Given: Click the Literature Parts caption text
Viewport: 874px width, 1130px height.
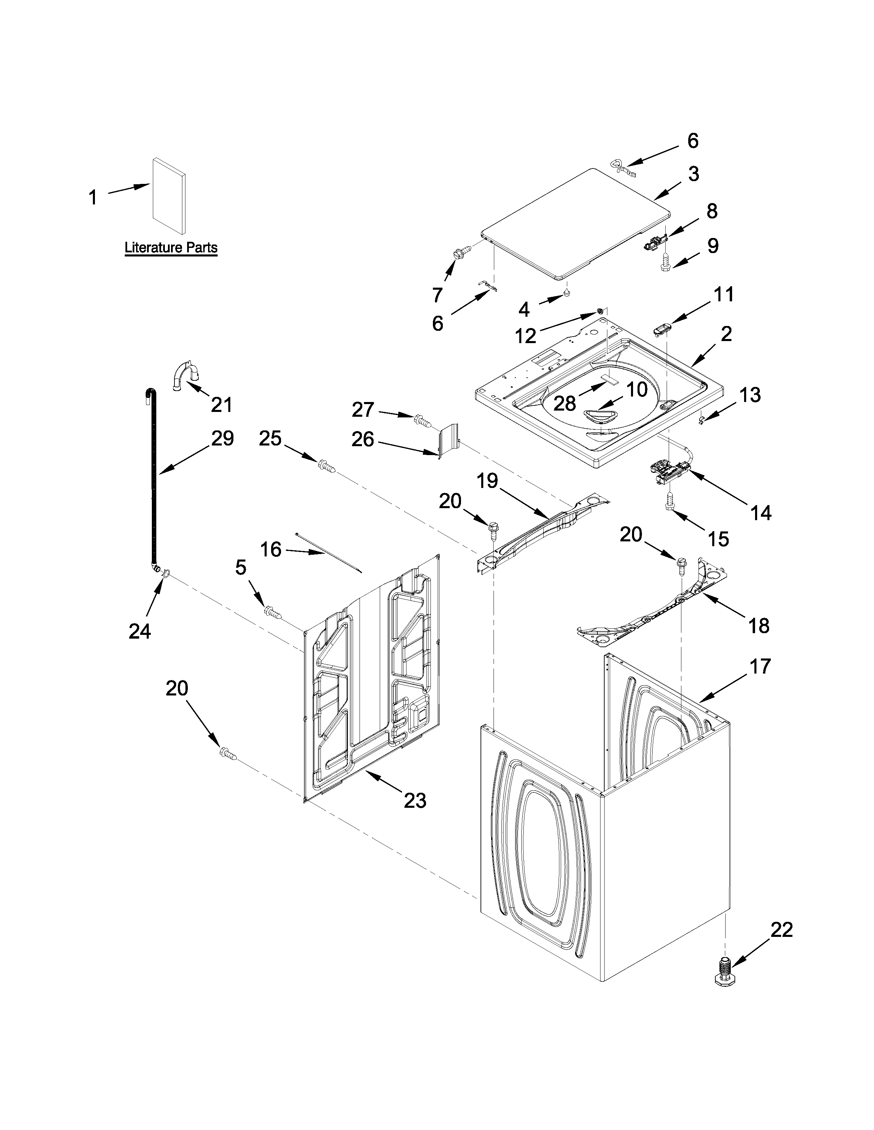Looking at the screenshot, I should pyautogui.click(x=171, y=248).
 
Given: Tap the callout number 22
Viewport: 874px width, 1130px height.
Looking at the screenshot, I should pyautogui.click(x=781, y=930).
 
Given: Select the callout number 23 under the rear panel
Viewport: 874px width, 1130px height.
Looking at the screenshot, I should pyautogui.click(x=415, y=801).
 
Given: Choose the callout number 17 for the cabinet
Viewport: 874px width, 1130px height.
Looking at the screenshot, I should pyautogui.click(x=760, y=666).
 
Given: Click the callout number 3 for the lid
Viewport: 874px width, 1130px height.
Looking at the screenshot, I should pyautogui.click(x=694, y=174).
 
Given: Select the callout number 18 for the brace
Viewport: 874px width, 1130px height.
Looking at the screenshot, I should pyautogui.click(x=758, y=626).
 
